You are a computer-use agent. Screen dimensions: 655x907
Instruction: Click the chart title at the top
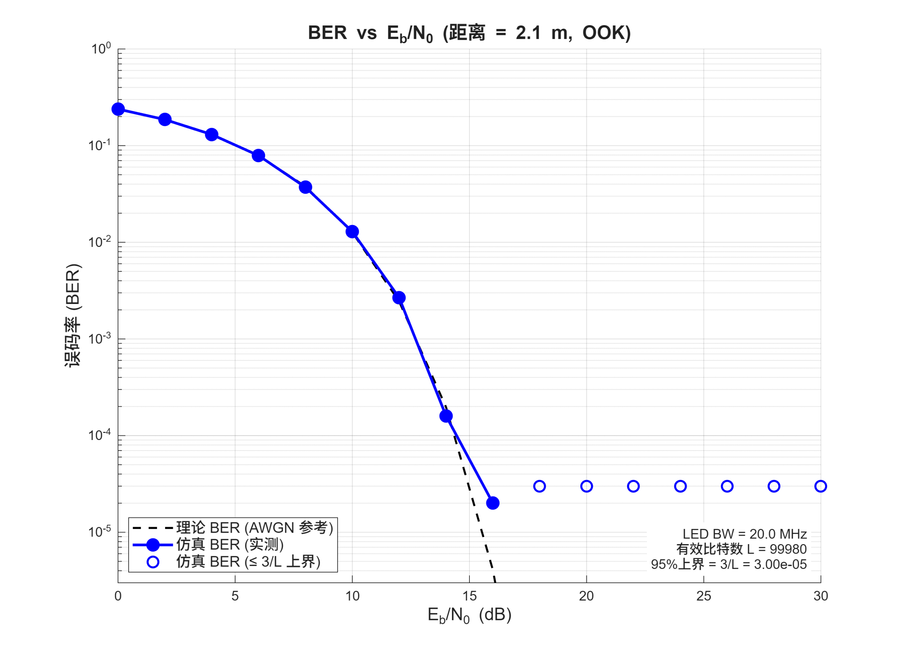[469, 33]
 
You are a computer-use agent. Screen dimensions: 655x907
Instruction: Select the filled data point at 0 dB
[118, 109]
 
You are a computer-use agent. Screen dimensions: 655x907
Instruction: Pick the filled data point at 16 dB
[493, 503]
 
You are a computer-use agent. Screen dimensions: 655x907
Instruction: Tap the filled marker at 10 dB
[352, 232]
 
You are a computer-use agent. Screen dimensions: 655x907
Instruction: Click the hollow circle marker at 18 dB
[540, 486]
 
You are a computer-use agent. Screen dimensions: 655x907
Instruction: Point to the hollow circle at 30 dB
[821, 486]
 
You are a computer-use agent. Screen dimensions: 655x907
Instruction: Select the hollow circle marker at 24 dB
[680, 486]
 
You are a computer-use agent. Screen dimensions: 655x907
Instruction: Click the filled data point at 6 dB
[258, 156]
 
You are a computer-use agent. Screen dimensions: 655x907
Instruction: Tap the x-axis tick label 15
[469, 596]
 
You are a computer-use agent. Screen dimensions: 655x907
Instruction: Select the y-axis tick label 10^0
[101, 49]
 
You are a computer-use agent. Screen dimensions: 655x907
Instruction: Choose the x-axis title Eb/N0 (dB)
[469, 615]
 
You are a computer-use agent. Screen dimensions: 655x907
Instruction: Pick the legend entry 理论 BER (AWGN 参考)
[255, 528]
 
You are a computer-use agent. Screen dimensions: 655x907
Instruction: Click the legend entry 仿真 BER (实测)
[230, 544]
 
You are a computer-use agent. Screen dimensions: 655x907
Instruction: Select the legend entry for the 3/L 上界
[248, 562]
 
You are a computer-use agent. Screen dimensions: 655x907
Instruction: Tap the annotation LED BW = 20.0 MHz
[744, 534]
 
